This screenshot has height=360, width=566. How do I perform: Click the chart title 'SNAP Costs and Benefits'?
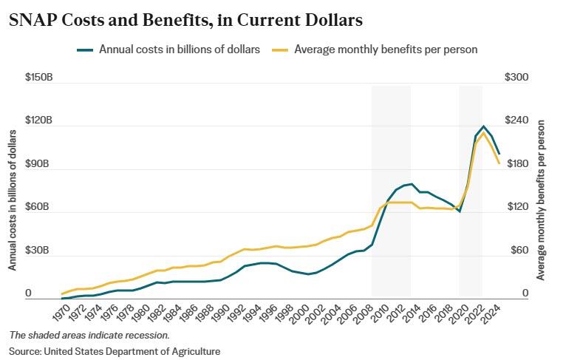click(185, 21)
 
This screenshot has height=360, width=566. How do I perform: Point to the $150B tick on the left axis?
click(38, 77)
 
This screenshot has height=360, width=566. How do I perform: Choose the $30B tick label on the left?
click(38, 251)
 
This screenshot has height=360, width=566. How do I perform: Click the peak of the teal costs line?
click(483, 126)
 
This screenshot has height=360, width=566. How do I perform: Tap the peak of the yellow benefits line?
click(483, 133)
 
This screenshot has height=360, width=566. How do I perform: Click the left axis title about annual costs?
click(13, 200)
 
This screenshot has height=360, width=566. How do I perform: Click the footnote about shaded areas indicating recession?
click(89, 335)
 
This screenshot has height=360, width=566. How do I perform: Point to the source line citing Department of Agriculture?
click(115, 351)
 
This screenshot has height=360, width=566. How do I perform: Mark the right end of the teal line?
click(499, 154)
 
